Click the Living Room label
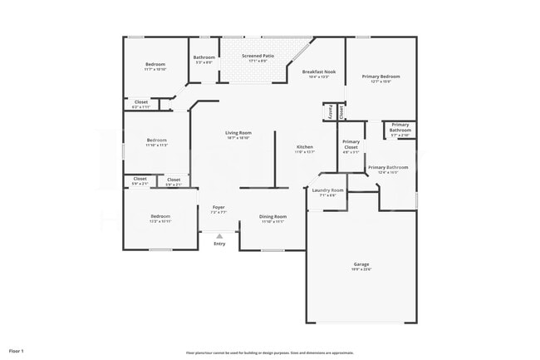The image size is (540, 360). tap(238, 133)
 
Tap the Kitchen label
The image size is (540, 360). tap(305, 147)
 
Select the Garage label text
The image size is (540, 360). tap(361, 264)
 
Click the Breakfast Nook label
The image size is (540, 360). tap(318, 72)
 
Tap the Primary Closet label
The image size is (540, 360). tap(351, 144)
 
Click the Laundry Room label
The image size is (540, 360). tap(326, 190)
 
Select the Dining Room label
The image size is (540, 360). tap(273, 217)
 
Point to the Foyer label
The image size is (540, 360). tap(218, 207)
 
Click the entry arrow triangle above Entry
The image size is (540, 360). tap(219, 236)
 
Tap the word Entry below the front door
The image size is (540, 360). tap(219, 244)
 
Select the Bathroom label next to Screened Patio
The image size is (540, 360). tap(204, 57)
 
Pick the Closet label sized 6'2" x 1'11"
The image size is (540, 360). tap(141, 102)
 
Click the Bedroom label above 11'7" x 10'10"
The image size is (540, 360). tap(155, 64)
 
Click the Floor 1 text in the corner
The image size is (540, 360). tap(17, 352)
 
